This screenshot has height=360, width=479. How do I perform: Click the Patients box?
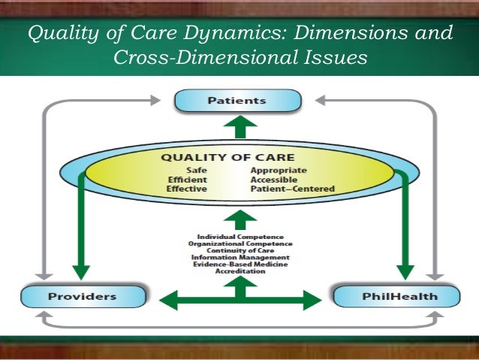click(x=238, y=100)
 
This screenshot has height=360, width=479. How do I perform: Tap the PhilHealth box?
click(x=396, y=296)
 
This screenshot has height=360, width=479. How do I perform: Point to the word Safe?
click(x=197, y=171)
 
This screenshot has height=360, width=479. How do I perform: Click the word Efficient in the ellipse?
click(x=187, y=180)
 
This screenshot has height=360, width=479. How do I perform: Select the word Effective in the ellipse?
click(x=187, y=189)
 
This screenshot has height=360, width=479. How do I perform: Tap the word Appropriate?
click(x=279, y=171)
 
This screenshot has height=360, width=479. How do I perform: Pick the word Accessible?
click(x=274, y=180)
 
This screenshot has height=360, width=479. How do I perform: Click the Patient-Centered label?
click(x=292, y=189)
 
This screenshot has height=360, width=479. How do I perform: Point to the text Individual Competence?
click(x=240, y=237)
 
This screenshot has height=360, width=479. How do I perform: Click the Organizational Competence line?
click(x=240, y=244)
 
